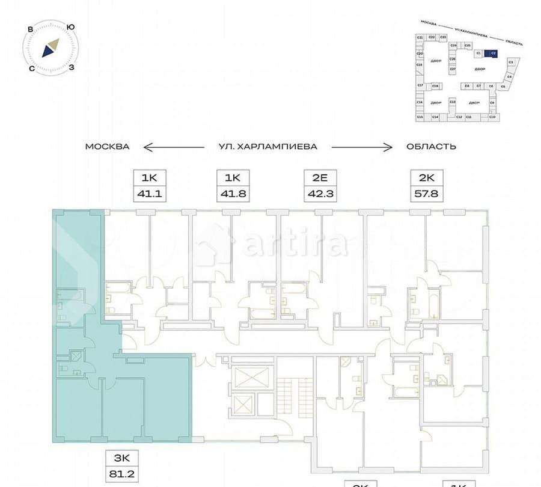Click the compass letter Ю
point(71,26)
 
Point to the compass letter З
point(72,67)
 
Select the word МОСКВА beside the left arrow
point(107,147)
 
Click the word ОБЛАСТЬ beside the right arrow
point(431,147)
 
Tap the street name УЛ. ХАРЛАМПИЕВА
point(267,147)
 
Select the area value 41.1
point(148,194)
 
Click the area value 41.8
point(232,194)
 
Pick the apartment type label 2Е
point(320,178)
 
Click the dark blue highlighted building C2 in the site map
point(492,53)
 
